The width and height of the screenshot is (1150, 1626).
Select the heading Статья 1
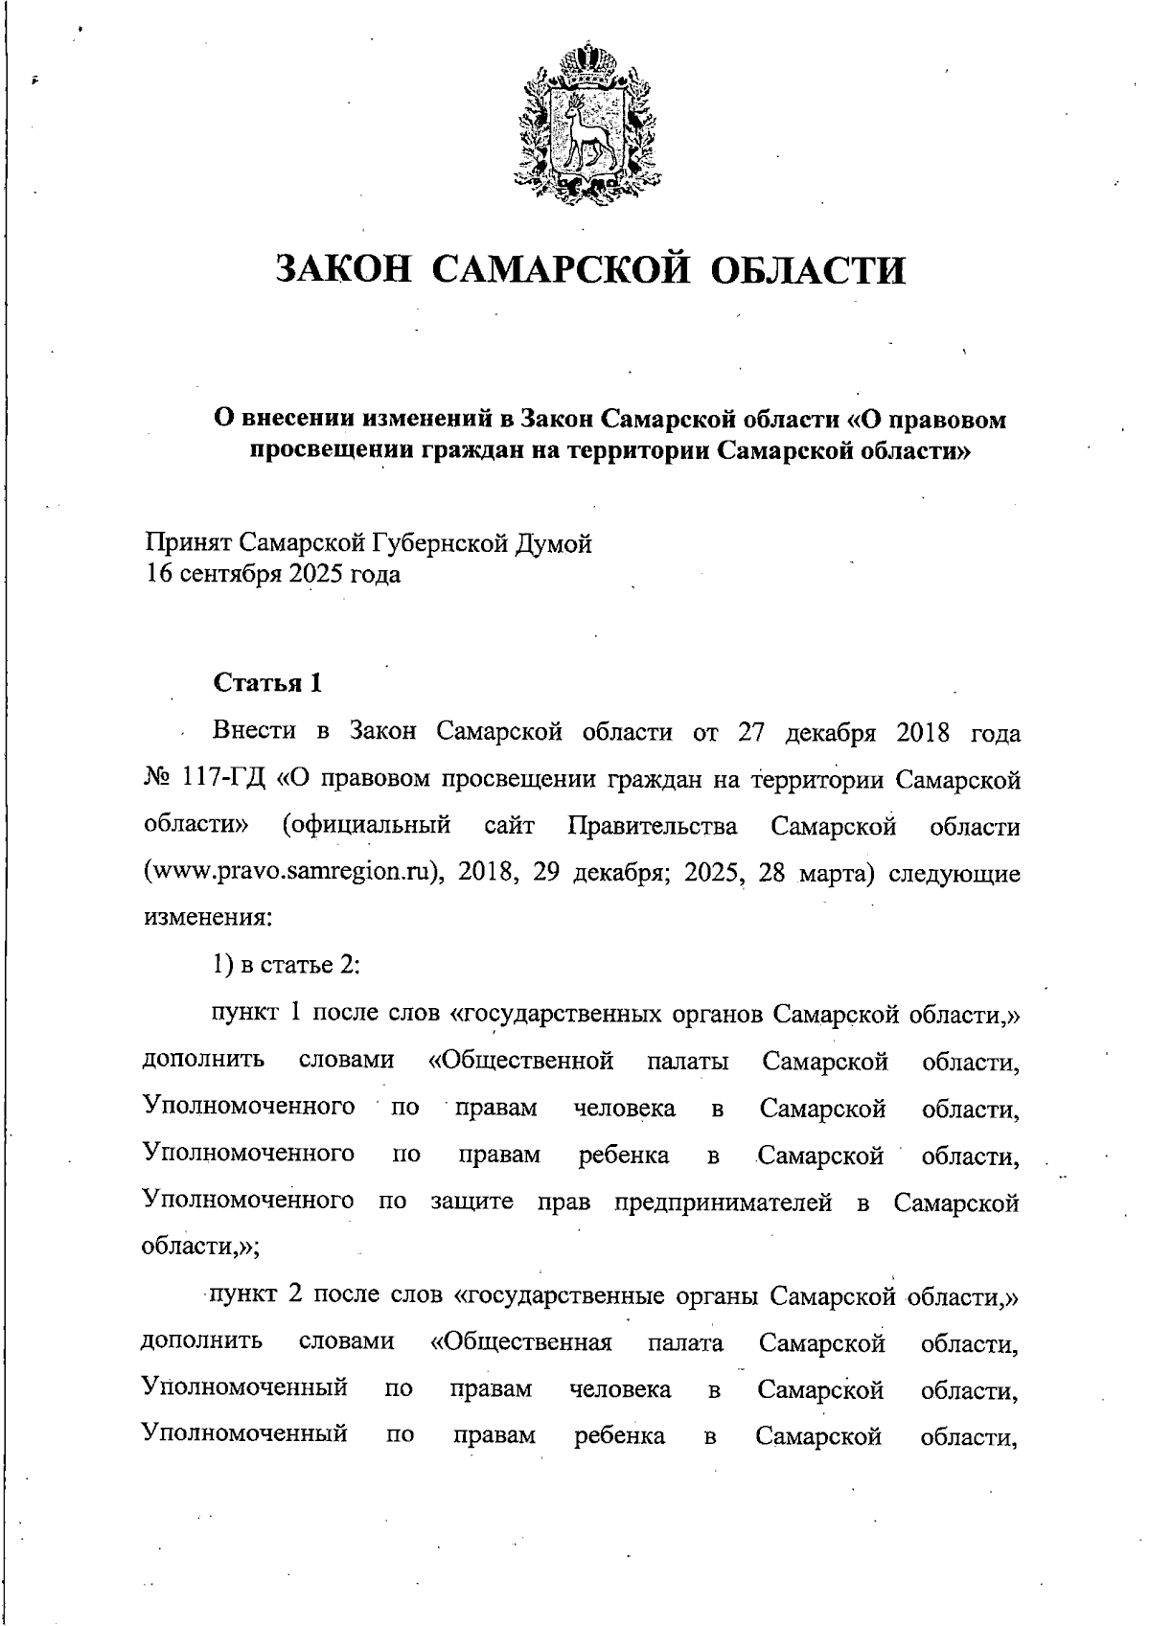pyautogui.click(x=267, y=683)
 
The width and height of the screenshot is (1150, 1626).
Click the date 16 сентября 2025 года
pyautogui.click(x=273, y=575)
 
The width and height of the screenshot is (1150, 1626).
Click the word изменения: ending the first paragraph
pyautogui.click(x=208, y=917)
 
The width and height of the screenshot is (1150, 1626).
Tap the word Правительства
pyautogui.click(x=653, y=827)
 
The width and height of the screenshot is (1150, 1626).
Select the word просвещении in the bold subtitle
pyautogui.click(x=331, y=449)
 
